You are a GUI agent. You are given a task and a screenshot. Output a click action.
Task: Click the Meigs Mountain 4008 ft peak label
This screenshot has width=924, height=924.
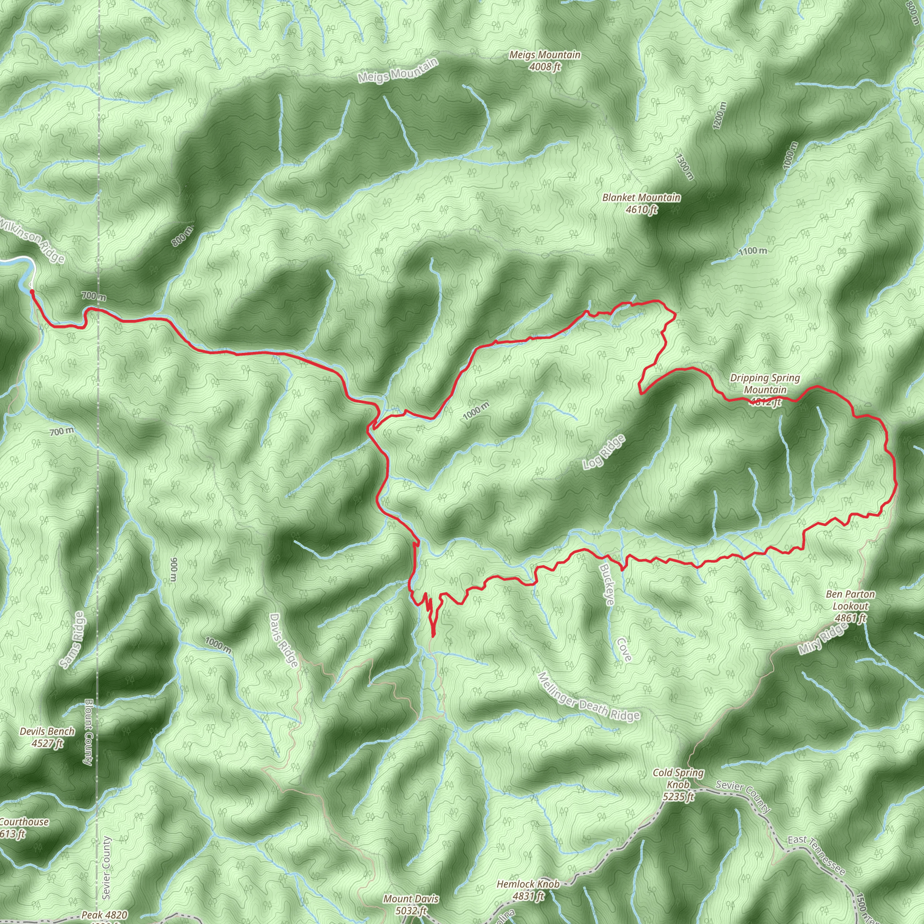(545, 61)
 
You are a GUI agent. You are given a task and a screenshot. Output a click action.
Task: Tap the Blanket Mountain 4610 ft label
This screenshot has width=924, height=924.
(642, 203)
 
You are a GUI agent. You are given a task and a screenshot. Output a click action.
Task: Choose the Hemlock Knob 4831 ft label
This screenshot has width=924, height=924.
(528, 890)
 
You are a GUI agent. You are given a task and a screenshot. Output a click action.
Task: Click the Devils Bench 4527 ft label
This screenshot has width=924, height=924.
(47, 737)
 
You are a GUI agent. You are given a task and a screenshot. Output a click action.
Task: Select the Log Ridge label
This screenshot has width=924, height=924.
(604, 452)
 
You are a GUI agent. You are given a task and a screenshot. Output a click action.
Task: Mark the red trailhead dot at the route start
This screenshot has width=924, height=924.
(32, 291)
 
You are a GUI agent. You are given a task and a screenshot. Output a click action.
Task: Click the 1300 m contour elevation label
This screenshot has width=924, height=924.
(684, 166)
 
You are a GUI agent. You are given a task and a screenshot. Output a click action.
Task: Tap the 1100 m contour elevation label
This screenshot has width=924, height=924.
(752, 251)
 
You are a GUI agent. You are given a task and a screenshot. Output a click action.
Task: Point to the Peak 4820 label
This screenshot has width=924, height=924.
(104, 915)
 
